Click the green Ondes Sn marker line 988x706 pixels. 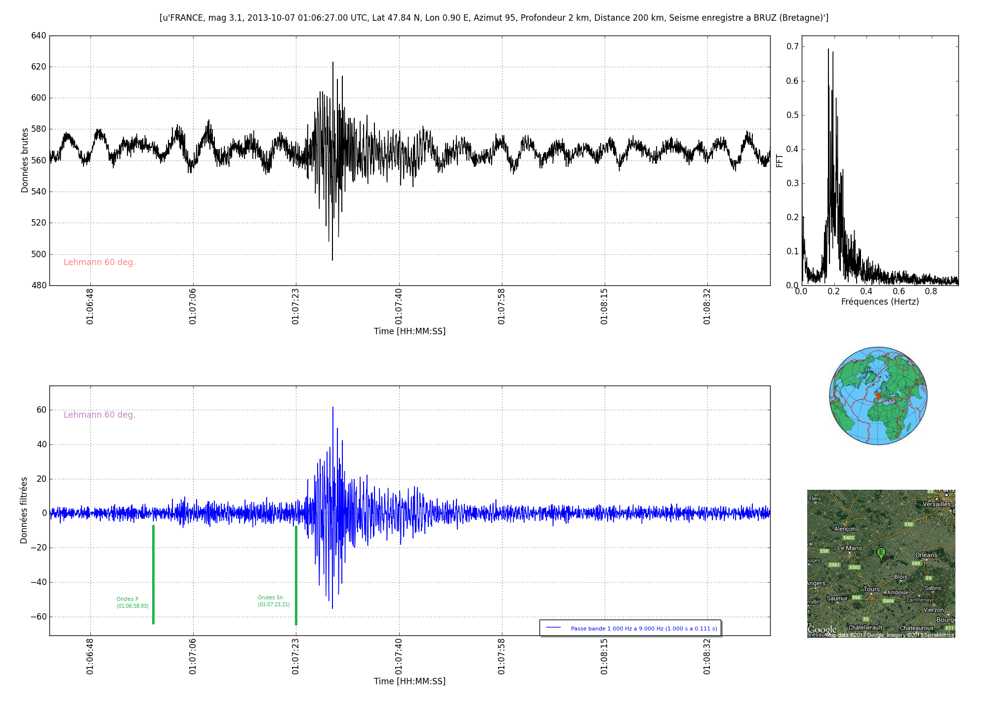296,575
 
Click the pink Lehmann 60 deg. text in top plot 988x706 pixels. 99,262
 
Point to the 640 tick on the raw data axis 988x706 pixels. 40,36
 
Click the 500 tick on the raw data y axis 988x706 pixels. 40,254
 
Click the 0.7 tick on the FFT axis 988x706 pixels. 792,46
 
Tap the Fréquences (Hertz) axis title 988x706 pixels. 880,302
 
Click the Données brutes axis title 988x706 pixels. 25,160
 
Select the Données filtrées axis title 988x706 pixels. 24,510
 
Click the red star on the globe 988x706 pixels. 878,396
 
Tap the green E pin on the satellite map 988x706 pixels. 881,553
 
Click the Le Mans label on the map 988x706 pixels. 850,548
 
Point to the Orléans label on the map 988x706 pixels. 926,555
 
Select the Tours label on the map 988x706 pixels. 871,589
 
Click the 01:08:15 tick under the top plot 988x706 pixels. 604,308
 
